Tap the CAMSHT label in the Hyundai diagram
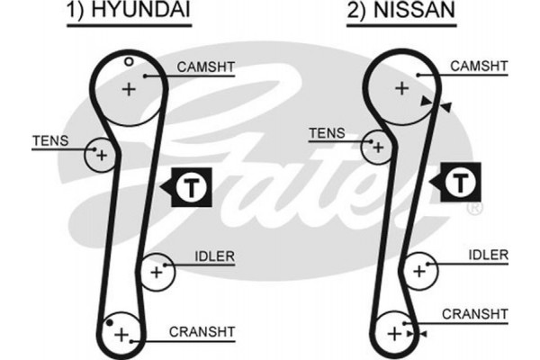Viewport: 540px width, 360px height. tap(207, 67)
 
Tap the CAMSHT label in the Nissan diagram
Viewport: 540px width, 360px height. tap(479, 66)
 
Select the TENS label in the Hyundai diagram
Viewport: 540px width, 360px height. tap(49, 139)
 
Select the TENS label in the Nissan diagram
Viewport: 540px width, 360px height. tap(326, 133)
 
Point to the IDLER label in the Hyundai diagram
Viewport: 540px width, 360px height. tap(214, 256)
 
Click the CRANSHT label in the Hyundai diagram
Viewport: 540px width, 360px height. tap(202, 332)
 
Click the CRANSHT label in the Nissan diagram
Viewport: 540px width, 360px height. tap(475, 313)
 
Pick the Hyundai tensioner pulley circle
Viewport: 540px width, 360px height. tap(101, 155)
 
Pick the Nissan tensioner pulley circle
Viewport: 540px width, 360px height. tap(378, 146)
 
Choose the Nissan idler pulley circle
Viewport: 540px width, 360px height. tap(418, 268)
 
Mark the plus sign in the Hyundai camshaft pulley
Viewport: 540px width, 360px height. tap(129, 89)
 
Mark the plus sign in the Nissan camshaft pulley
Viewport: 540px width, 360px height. tap(401, 87)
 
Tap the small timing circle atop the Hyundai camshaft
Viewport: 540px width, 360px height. tap(129, 61)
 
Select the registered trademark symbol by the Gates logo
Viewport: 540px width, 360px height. tap(474, 209)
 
